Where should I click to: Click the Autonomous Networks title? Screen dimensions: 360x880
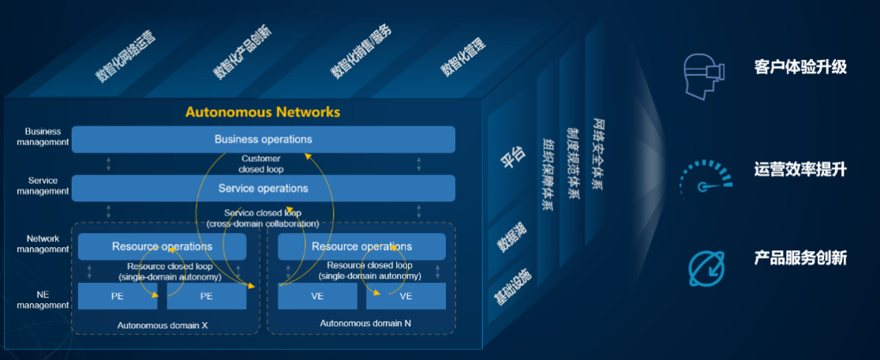tap(263, 112)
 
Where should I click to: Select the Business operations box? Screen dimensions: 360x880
tap(263, 139)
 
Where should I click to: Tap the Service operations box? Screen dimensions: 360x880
tap(263, 189)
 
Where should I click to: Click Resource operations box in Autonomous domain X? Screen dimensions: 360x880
tap(162, 246)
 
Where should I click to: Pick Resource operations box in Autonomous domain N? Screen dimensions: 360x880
tap(361, 246)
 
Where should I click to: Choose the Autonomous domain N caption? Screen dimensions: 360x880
tap(365, 323)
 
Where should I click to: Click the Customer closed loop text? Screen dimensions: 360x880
tap(261, 163)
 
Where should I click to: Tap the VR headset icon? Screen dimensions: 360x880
tap(702, 76)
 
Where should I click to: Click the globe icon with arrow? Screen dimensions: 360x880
tap(705, 268)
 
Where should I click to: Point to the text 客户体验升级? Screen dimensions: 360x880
tap(799, 67)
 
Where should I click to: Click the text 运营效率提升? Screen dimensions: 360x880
tap(799, 169)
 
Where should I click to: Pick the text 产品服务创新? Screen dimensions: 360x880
tap(799, 258)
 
